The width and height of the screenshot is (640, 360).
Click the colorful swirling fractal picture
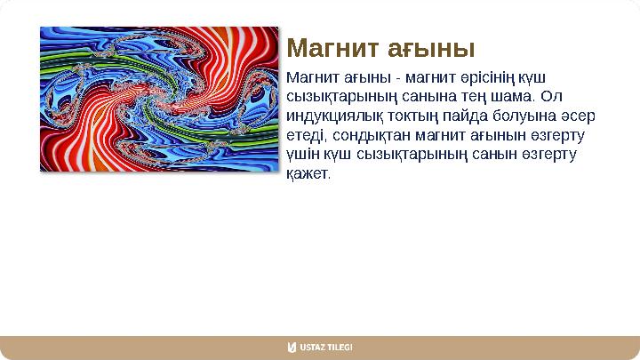159,98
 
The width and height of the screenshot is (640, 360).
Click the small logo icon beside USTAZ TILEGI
292,348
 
